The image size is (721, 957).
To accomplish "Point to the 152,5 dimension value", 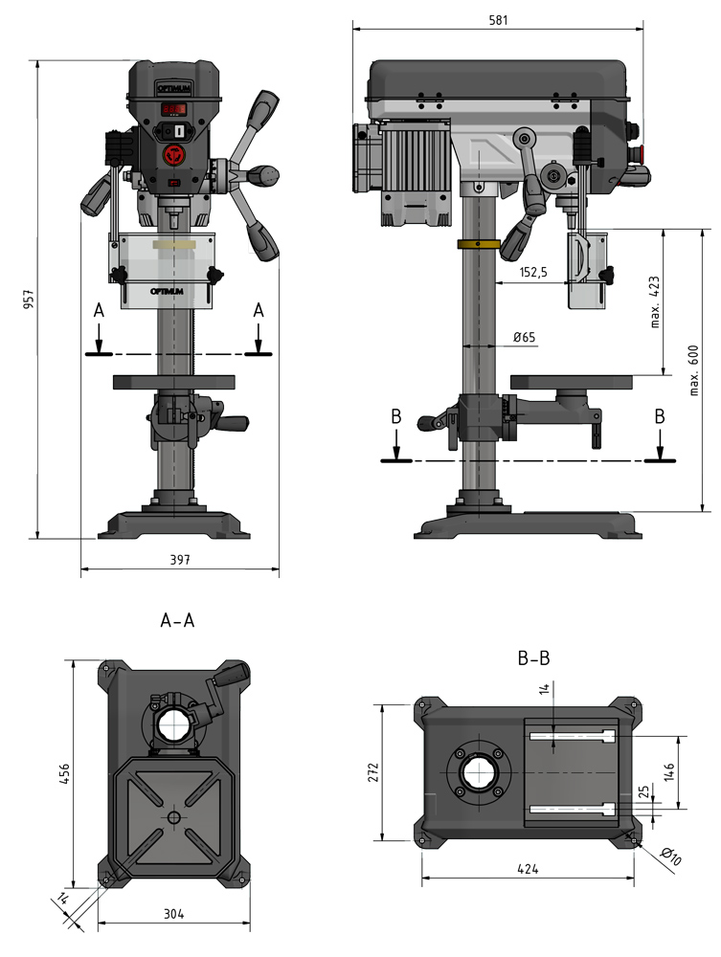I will pos(533,273).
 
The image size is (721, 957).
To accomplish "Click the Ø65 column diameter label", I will pos(524,337).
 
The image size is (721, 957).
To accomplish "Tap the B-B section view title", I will pos(532,657).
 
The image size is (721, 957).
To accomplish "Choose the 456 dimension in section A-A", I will pos(62,772).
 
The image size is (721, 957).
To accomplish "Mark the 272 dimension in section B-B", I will pos(373,771).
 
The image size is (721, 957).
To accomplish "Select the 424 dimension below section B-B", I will pos(528,869).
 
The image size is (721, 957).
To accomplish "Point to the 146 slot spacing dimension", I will pos(671,768).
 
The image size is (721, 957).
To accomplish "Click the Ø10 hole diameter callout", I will pos(671,857).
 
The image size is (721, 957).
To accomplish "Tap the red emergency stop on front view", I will pos(173,154).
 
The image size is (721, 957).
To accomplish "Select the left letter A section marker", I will pos(97,311).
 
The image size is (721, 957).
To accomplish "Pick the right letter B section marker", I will pos(658,417).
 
